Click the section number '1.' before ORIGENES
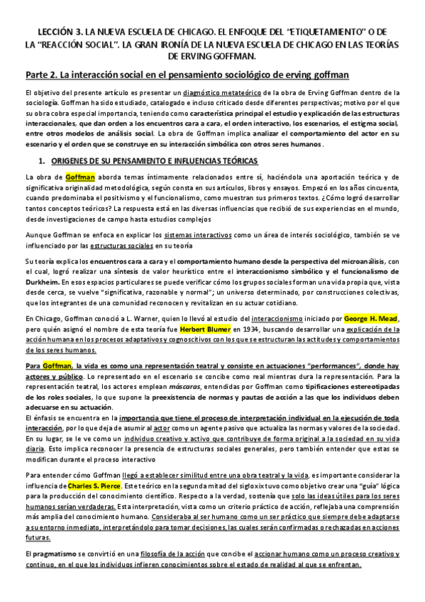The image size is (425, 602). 43,162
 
